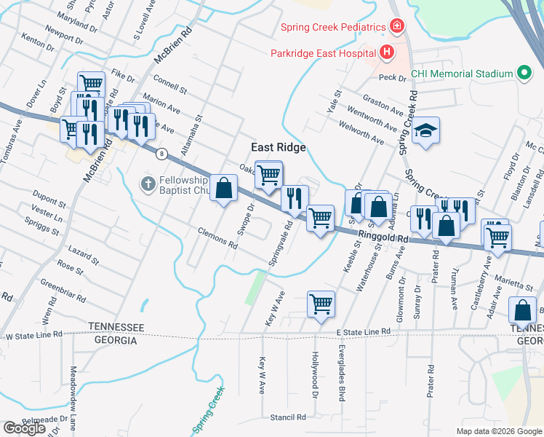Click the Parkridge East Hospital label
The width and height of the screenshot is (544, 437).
322,53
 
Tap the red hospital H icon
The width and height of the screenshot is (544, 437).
386,52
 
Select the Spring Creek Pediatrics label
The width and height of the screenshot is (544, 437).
333,28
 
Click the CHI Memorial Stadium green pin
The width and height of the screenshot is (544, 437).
523,74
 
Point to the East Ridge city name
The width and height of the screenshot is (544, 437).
279,147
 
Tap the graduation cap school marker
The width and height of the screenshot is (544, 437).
425,132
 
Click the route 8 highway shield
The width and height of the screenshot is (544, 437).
161,154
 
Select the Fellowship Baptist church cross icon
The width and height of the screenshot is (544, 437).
148,183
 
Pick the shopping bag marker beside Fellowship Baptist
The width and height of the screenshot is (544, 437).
225,189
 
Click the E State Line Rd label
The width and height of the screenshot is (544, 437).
363,331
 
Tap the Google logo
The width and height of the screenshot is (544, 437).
24,428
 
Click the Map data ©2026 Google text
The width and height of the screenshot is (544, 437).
499,431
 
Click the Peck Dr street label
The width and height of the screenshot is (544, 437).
391,77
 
